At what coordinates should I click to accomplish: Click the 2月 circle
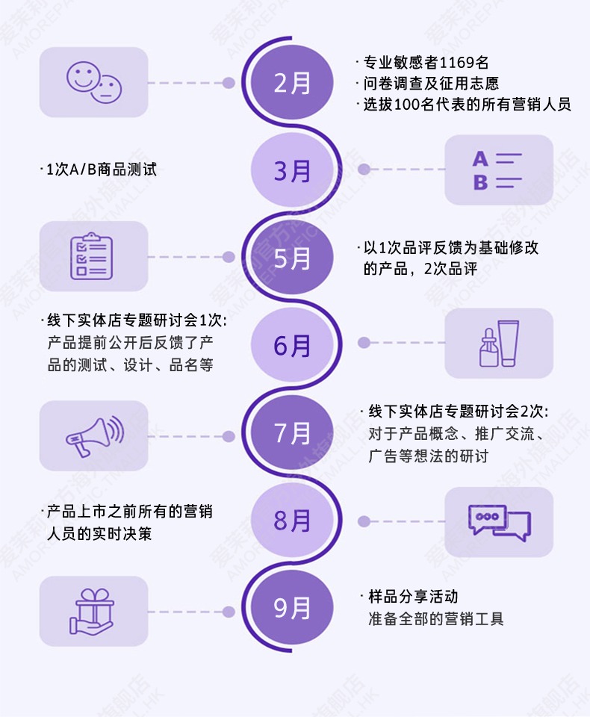(291, 83)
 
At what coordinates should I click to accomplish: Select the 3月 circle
(291, 170)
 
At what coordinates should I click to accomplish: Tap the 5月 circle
(291, 258)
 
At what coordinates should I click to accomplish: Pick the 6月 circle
(291, 345)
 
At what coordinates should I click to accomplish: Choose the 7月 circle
(291, 433)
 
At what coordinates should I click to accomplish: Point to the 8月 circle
(291, 521)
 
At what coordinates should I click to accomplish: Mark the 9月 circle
(291, 608)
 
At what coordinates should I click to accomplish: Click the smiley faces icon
(94, 82)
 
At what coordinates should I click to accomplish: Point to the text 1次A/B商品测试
(101, 170)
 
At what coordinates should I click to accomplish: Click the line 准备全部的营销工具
(435, 618)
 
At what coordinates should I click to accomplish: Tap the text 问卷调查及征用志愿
(430, 83)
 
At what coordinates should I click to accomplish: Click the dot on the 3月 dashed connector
(364, 170)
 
